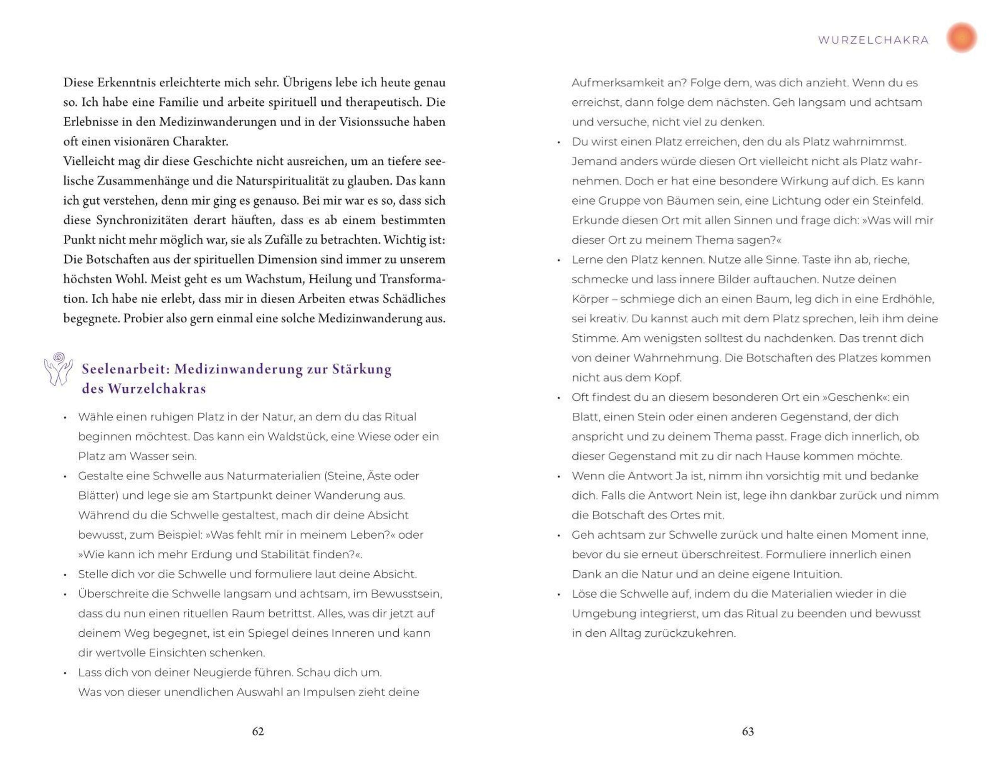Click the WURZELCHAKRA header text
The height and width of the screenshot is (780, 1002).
[873, 41]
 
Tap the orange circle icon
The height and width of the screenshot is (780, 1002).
[962, 38]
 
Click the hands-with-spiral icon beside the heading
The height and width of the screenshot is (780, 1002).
[58, 368]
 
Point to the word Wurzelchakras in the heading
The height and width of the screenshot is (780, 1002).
[157, 389]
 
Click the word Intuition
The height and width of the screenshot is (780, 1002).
[815, 574]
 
